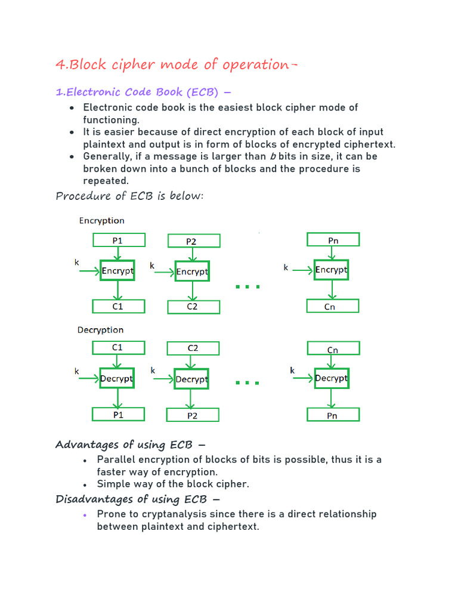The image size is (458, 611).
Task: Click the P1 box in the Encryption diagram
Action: pos(119,240)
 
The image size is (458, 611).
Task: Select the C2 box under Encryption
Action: pos(193,307)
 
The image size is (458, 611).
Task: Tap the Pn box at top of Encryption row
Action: pos(333,240)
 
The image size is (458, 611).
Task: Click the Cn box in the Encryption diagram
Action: pos(333,307)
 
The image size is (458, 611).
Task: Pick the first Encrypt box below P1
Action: pos(117,271)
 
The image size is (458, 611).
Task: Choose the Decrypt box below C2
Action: pos(191,379)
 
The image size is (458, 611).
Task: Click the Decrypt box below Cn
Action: pos(331,378)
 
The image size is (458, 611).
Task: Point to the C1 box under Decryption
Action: pos(119,347)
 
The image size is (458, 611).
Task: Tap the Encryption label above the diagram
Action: pos(102,221)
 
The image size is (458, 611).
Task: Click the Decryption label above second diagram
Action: pos(101,330)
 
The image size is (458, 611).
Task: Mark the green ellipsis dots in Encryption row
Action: pos(247,287)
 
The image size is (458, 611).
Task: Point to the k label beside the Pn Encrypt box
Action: pos(286,268)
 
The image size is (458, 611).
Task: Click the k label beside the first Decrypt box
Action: pos(77,371)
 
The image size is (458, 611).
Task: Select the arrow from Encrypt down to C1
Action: pos(118,291)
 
